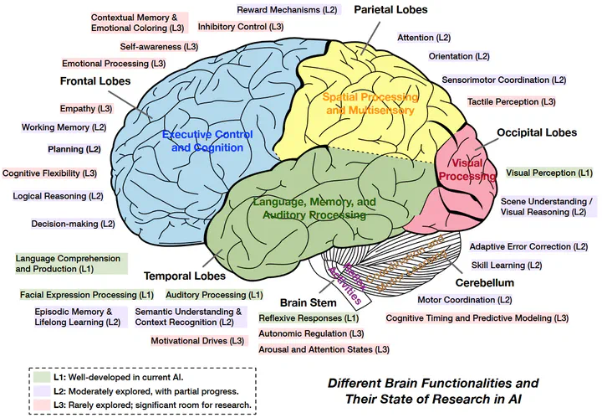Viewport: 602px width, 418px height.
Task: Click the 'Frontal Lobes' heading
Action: (94, 81)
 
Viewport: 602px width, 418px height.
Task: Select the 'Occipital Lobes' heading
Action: (536, 132)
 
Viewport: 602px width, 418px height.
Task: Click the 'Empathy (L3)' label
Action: (85, 109)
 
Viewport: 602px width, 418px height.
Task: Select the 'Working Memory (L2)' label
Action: (64, 128)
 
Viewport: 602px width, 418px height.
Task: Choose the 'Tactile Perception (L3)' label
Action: (511, 101)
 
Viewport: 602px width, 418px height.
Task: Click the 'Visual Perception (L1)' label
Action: (549, 173)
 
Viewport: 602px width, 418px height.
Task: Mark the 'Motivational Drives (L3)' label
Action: (198, 341)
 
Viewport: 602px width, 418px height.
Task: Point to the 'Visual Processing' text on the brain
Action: (467, 169)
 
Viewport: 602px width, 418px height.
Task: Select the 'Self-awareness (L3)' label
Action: (159, 46)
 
